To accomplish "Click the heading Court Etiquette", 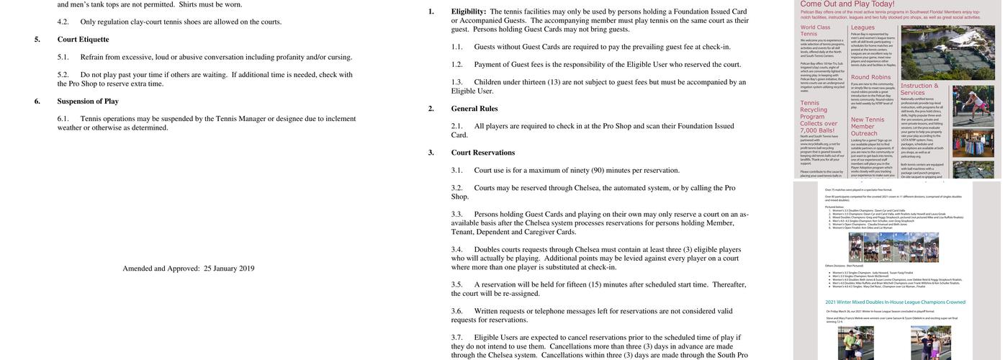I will point(83,40).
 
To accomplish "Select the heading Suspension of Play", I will point(88,102).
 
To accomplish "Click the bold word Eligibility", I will point(469,12).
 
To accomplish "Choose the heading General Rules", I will point(474,109).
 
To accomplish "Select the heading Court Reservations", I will point(483,153).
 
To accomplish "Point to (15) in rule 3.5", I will point(595,284).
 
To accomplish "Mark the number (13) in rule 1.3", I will point(554,82).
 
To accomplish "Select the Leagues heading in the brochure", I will point(863,27).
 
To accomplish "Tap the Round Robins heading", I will point(870,76).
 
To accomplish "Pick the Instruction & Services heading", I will point(919,89).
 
